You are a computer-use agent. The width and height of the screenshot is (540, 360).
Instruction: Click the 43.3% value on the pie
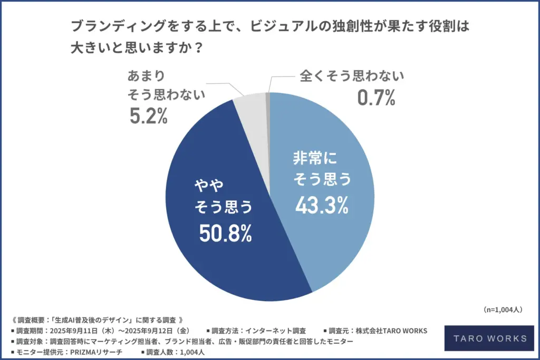(x=321, y=204)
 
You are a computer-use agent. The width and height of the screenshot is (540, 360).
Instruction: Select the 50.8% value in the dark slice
(x=225, y=233)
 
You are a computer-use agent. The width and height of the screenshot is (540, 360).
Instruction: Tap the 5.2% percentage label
(x=148, y=116)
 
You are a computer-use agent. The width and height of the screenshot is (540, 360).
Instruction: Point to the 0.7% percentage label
(x=376, y=98)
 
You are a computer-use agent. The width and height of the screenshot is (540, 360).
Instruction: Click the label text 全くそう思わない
(x=352, y=76)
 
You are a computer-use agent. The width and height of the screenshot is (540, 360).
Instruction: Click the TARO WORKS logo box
(x=486, y=338)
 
